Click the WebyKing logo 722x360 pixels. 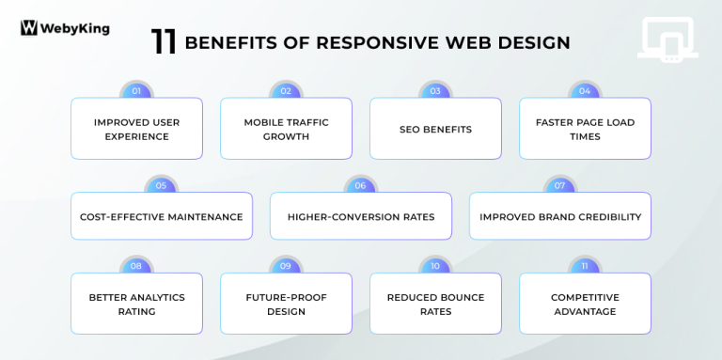64,28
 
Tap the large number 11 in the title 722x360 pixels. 164,42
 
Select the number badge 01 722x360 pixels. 136,91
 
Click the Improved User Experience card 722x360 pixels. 136,130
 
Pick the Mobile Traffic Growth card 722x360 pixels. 286,130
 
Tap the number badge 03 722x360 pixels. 435,91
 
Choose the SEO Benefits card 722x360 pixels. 435,130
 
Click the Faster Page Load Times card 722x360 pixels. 585,130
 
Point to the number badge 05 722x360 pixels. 161,185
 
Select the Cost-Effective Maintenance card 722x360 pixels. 162,217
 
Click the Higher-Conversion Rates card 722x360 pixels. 361,217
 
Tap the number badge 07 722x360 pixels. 559,185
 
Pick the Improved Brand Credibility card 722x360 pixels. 560,217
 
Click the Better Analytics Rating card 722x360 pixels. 136,305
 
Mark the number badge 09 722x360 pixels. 286,266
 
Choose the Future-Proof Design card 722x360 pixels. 286,305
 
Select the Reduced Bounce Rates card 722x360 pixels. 435,305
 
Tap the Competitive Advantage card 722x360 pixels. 585,305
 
